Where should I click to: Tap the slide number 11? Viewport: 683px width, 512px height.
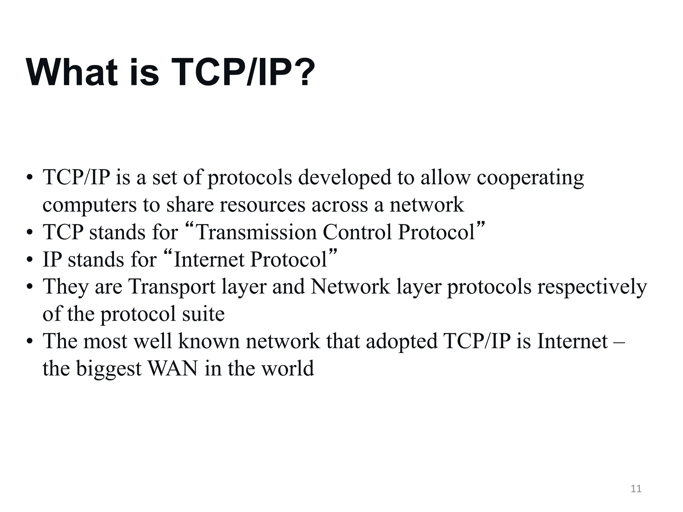pyautogui.click(x=636, y=489)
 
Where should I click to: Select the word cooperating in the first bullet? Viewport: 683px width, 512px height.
pyautogui.click(x=530, y=178)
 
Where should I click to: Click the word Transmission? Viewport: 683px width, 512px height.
pyautogui.click(x=256, y=232)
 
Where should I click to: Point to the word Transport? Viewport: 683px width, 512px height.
pyautogui.click(x=172, y=287)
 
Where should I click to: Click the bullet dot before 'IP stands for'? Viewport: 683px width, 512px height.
pyautogui.click(x=30, y=260)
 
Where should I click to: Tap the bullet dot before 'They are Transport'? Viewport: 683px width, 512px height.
pyautogui.click(x=30, y=287)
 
